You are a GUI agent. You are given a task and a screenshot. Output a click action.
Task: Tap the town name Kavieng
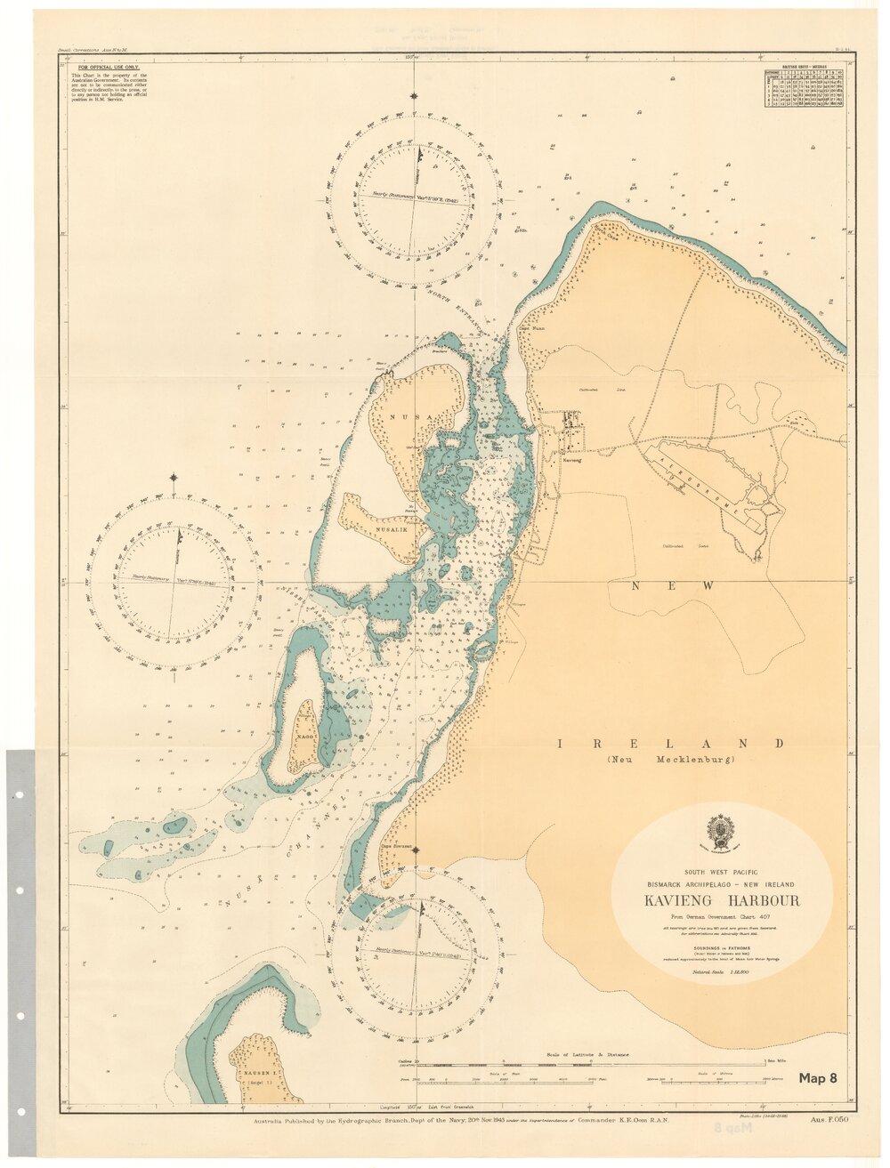coord(571,461)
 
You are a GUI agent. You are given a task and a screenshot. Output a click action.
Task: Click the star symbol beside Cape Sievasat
coord(415,849)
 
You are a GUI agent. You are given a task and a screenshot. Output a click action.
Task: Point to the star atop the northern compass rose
coord(414,95)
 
